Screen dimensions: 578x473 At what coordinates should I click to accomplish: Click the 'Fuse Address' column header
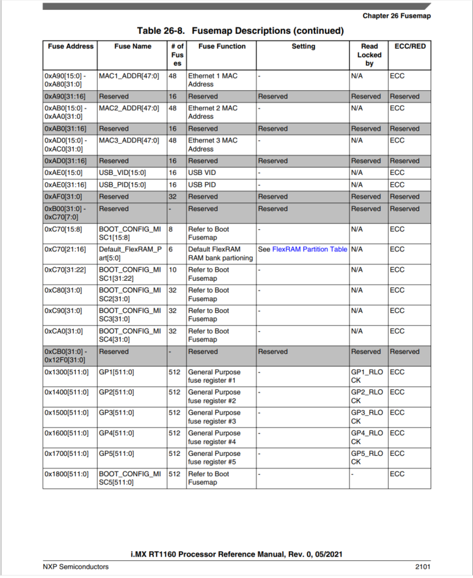[x=70, y=46]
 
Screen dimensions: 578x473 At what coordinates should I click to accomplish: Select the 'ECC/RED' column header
[x=410, y=46]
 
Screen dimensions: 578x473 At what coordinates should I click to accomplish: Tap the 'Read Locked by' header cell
[x=369, y=55]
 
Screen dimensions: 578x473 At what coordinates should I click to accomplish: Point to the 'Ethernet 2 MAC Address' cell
[x=213, y=112]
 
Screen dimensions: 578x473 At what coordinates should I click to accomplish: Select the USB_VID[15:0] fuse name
[x=123, y=173]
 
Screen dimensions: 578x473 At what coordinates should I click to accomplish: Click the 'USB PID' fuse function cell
[x=203, y=185]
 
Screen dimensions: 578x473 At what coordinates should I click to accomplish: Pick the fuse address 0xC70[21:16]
[x=66, y=249]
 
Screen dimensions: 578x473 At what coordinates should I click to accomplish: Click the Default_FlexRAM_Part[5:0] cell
[x=130, y=253]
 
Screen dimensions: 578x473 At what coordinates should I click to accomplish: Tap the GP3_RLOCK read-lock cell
[x=367, y=417]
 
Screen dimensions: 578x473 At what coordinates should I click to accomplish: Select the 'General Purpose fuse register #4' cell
[x=214, y=437]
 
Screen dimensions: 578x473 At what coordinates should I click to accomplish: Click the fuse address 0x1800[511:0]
[x=67, y=474]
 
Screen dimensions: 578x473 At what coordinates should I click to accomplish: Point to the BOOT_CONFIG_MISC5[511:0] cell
[x=130, y=478]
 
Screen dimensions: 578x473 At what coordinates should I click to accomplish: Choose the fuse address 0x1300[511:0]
[x=67, y=372]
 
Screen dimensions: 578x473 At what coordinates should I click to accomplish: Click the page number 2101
[x=422, y=566]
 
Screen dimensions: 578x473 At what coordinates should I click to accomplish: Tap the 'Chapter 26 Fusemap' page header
[x=397, y=16]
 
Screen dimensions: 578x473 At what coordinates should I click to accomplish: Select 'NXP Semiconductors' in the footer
[x=76, y=566]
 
